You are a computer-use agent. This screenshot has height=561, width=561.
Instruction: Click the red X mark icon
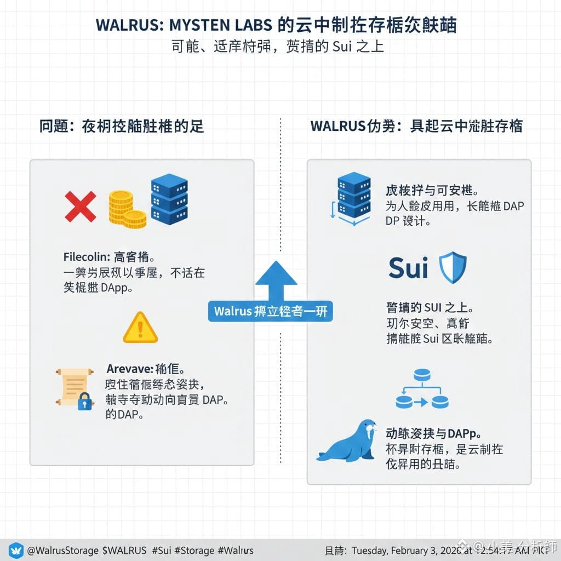80,207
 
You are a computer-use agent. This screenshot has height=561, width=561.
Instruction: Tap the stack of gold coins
125,209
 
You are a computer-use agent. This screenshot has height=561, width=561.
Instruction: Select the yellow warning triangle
140,328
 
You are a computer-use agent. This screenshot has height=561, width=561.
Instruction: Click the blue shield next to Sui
453,267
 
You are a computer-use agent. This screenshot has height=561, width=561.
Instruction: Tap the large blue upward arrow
276,282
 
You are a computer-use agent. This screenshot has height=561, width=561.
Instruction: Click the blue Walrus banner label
270,311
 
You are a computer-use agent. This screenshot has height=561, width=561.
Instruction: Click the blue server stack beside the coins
169,199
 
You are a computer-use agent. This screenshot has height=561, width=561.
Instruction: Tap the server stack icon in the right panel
353,196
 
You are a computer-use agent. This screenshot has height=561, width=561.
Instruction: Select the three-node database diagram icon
422,390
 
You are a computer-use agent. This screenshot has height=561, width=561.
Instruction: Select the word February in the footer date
417,550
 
